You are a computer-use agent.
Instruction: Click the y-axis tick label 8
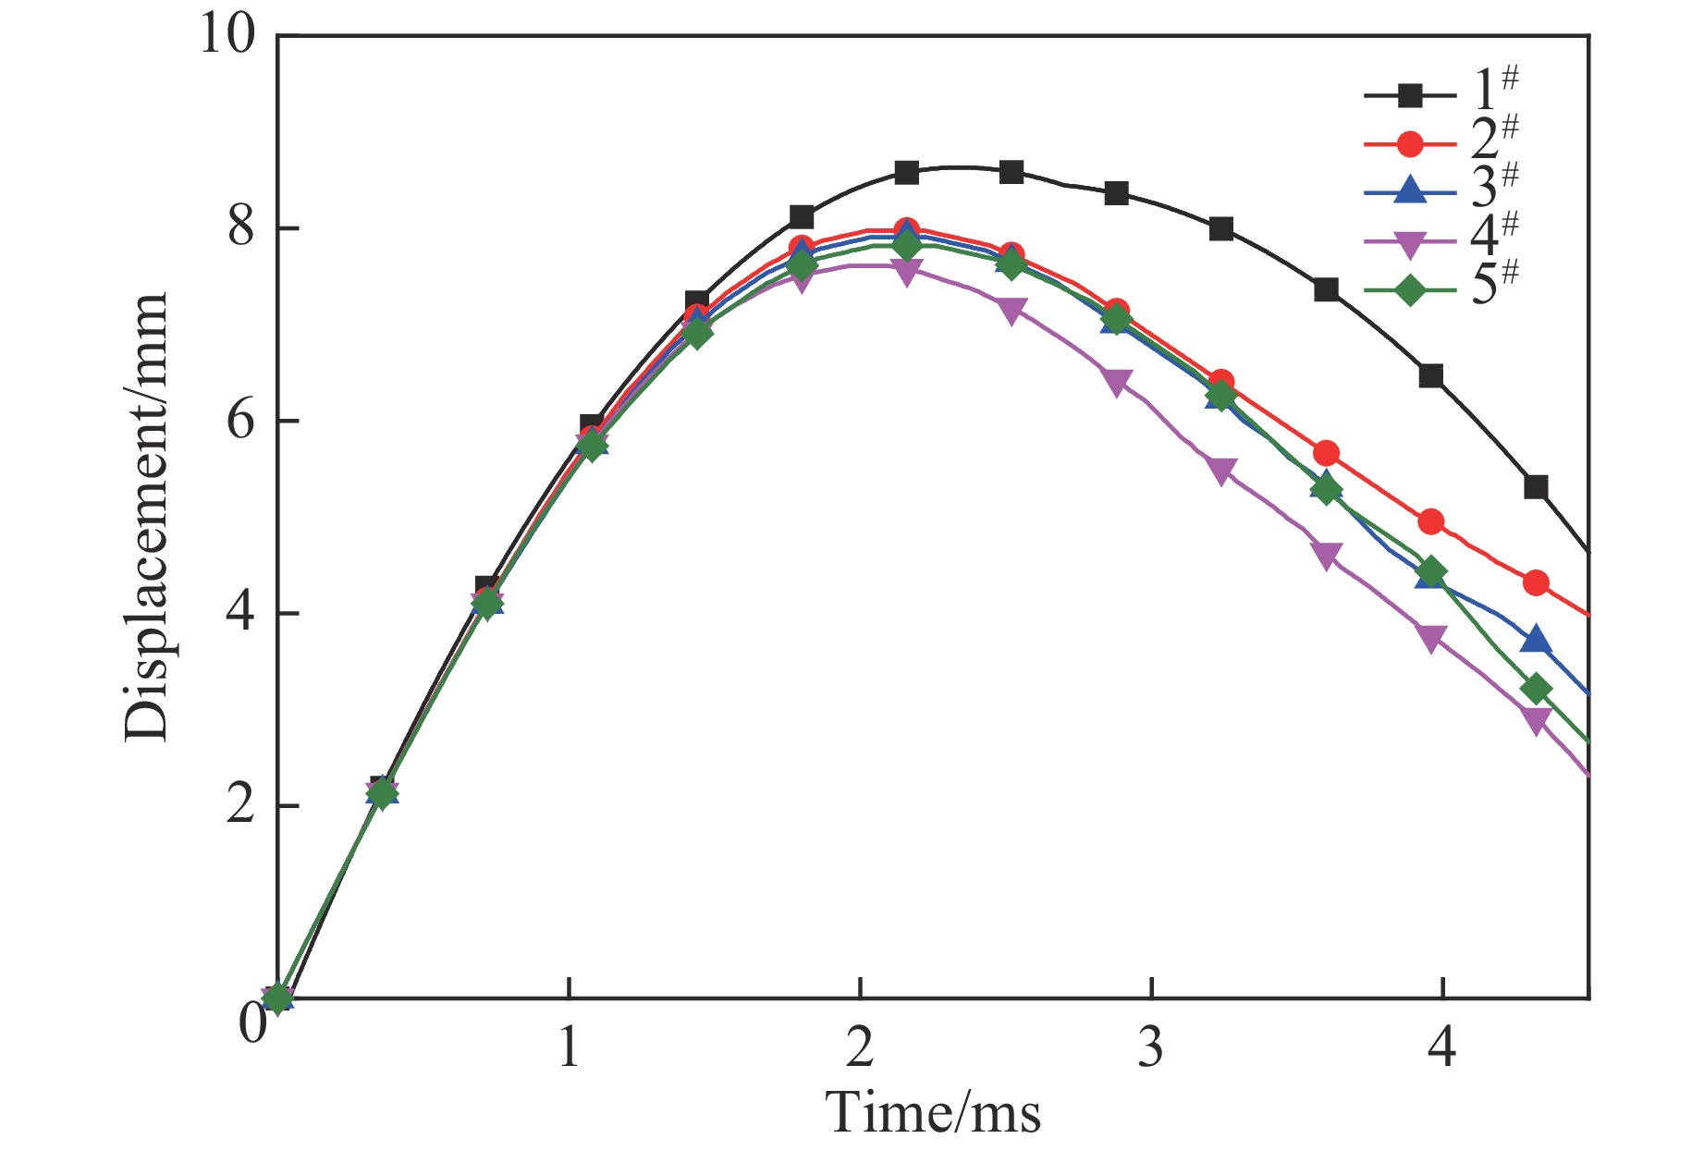coord(241,229)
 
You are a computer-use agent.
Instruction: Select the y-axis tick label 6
coord(241,422)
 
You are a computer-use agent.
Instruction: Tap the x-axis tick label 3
coord(1150,1048)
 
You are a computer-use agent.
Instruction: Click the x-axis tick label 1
coord(569,1048)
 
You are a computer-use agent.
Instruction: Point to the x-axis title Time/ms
coord(934,1111)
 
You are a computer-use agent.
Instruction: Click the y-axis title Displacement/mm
coord(146,518)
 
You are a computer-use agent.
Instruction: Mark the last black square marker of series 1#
coord(1536,487)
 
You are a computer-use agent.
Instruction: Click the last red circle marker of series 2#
coord(1536,583)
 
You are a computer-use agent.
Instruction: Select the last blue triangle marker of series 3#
coord(1536,640)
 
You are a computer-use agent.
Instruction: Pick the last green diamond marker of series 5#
coord(1536,689)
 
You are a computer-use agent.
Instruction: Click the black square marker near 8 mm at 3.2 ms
coord(1220,229)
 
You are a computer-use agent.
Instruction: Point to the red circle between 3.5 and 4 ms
coord(1326,454)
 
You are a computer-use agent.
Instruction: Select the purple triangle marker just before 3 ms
coord(1116,383)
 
